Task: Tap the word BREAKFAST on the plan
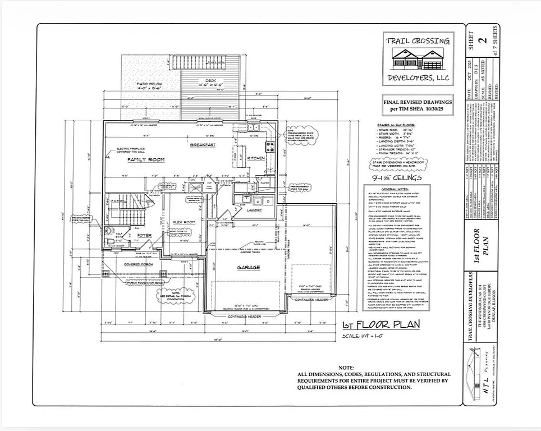(203, 145)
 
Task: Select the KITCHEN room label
(256, 158)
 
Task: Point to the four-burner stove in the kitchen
(270, 147)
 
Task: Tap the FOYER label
(145, 235)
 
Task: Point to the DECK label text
(210, 80)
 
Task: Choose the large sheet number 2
(482, 40)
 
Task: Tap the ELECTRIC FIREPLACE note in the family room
(131, 149)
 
